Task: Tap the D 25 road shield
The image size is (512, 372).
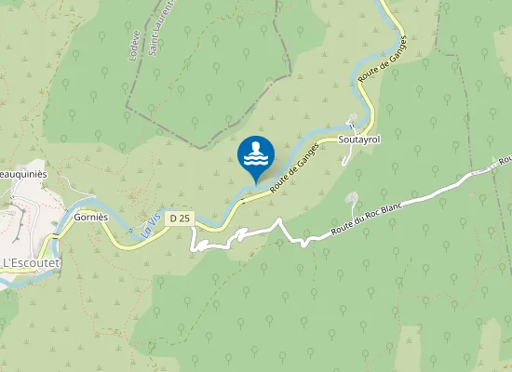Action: point(181,218)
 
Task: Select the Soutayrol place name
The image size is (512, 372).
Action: point(359,140)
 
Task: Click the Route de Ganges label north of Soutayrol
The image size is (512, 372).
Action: point(384,64)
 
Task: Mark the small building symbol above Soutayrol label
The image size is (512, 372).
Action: point(351,124)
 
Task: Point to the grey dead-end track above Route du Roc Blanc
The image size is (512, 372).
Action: point(352,206)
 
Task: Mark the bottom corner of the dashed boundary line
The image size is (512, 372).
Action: point(196,147)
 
